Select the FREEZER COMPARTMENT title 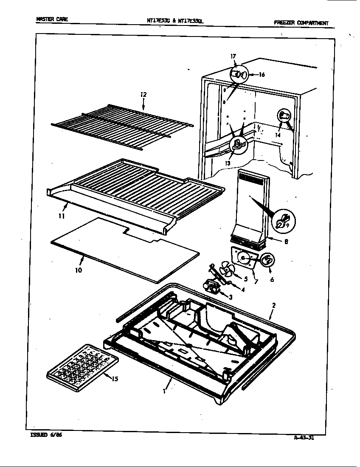point(301,23)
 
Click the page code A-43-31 point(303,438)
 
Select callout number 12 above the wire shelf point(143,95)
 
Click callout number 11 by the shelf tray point(62,216)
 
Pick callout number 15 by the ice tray point(115,379)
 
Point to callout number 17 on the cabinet point(233,56)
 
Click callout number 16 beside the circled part point(262,75)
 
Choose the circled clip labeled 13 point(239,145)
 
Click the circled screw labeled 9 point(282,221)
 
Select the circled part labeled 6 point(267,260)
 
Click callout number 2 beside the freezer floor point(274,305)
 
